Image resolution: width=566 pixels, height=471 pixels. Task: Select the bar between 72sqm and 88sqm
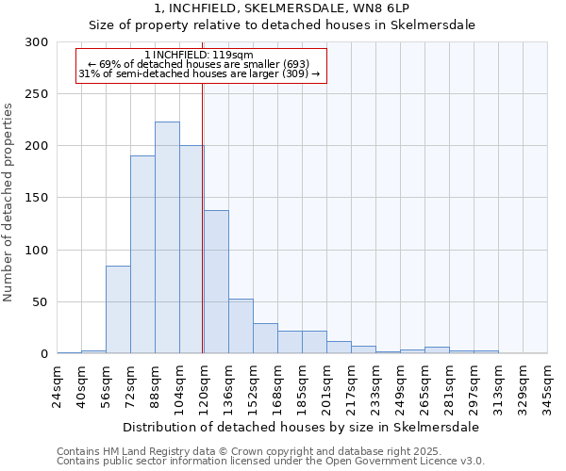(x=142, y=254)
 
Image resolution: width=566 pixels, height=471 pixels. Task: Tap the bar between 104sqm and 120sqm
(x=191, y=250)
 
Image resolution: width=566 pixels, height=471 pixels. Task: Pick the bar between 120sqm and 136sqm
(x=216, y=282)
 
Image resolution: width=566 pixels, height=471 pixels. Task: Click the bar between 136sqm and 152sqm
(x=241, y=326)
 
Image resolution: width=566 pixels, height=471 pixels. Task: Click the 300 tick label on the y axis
(x=37, y=42)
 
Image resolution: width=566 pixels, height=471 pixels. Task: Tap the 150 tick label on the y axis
(x=37, y=198)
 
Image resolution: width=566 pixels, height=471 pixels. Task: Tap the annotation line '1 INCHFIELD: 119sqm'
(x=199, y=56)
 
